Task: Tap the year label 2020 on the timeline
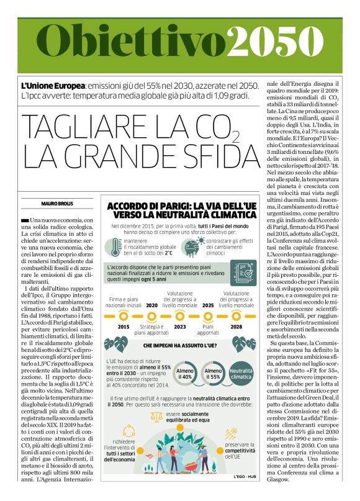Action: (151, 305)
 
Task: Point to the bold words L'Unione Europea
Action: (44, 84)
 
